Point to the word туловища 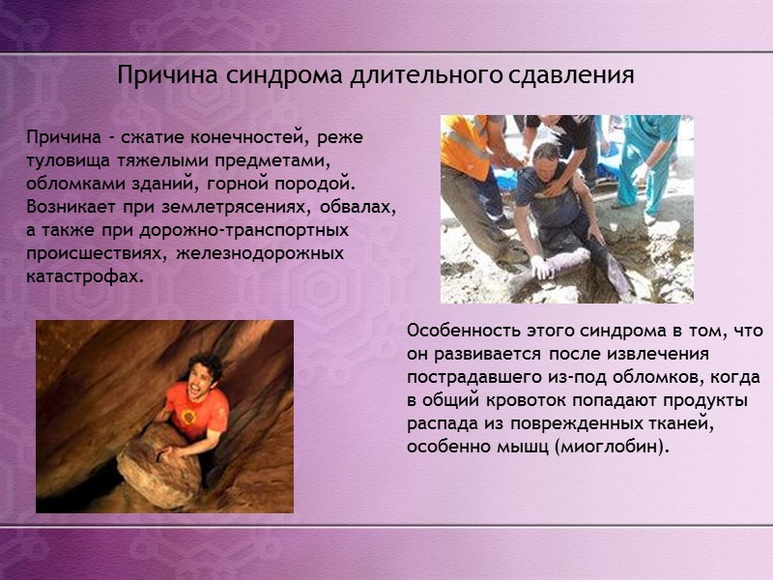coord(68,160)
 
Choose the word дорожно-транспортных coord(251,230)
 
